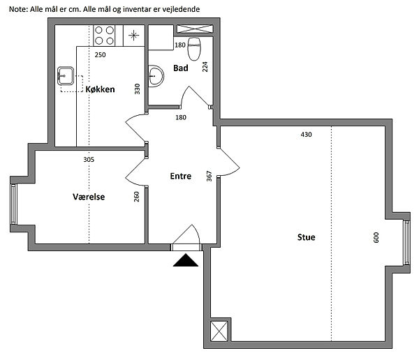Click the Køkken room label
coord(100,89)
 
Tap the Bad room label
coord(181,68)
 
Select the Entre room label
coord(181,176)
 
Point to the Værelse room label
coord(89,197)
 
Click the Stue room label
coord(307,237)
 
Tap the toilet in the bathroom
coord(194,49)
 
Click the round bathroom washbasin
coord(156,76)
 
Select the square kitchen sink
coord(66,76)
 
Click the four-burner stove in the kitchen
coord(104,36)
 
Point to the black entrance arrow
coord(186,260)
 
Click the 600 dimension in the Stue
coord(376,237)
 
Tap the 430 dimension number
coord(307,135)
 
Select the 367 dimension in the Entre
coord(209,177)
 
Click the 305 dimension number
coord(89,160)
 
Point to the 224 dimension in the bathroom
coord(205,67)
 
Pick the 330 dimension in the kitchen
coord(137,89)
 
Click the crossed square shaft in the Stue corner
coord(219,331)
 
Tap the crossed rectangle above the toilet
coord(195,29)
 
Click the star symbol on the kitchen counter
coord(133,36)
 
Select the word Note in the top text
coord(18,9)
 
